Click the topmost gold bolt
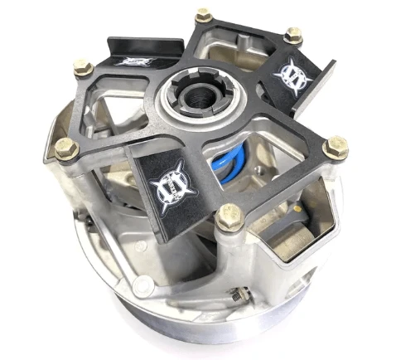[x=203, y=15]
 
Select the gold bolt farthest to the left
[x=64, y=149]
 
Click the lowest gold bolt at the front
[x=229, y=220]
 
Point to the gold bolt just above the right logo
[x=292, y=35]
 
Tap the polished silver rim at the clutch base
[x=166, y=336]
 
